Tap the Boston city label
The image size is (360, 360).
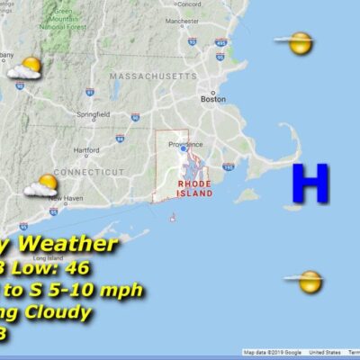213,99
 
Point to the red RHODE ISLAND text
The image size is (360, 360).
194,188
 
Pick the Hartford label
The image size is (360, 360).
85,149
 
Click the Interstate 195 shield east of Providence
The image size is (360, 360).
228,166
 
